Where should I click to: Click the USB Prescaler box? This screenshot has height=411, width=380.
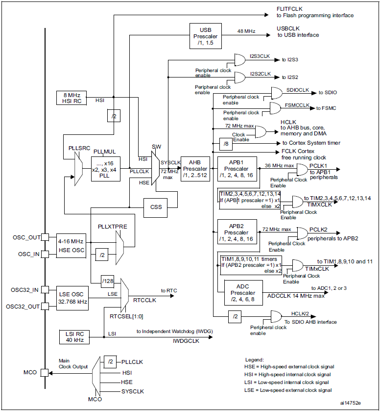pos(206,36)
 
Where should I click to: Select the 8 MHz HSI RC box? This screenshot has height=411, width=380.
pos(71,98)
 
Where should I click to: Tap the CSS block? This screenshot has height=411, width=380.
pos(155,207)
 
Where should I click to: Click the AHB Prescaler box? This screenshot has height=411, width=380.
pos(195,169)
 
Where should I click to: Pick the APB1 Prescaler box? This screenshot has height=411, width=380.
pos(237,169)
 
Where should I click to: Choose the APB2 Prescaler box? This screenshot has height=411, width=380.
pos(237,231)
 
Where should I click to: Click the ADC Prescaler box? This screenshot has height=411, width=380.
pos(243,293)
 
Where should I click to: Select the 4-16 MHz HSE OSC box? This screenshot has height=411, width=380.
pos(71,246)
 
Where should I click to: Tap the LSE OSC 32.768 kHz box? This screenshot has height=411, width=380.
pos(72,298)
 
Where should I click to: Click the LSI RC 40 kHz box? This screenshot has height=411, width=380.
pos(74,337)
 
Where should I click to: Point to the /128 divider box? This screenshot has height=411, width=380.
pos(108,281)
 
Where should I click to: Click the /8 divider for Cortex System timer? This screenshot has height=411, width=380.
pos(226,144)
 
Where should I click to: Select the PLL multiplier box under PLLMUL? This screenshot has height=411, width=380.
pos(106,169)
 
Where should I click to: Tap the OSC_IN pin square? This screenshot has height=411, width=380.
pos(45,254)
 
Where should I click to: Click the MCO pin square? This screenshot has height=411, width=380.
pos(45,373)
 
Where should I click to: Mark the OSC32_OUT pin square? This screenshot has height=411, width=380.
pos(45,306)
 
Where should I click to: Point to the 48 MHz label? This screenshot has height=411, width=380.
pos(246,31)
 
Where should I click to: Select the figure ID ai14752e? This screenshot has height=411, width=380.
pos(351,403)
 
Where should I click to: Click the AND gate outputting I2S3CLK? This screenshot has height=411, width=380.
pos(240,60)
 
